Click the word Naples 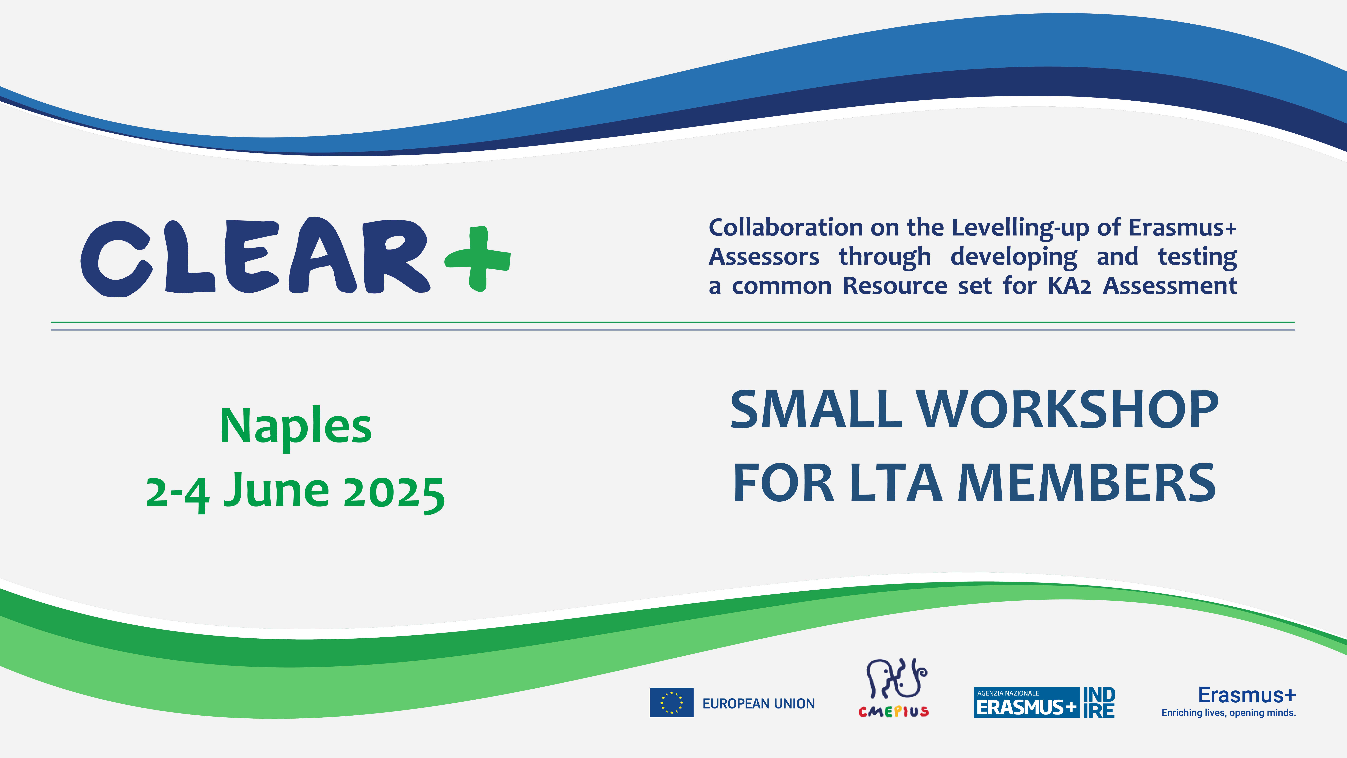[x=296, y=426]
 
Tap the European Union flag [x=671, y=703]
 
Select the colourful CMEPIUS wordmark [x=894, y=712]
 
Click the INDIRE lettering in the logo [x=1099, y=703]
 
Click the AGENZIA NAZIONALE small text [x=1008, y=693]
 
